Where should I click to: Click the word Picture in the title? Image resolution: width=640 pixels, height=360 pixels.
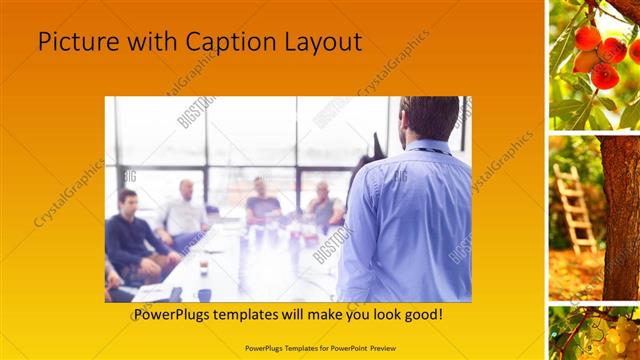[x=72, y=41]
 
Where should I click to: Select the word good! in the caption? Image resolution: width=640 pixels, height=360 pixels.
[x=423, y=314]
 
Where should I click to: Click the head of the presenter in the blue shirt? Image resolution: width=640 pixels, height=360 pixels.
[x=429, y=118]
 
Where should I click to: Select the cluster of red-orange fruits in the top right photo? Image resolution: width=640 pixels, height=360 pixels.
[x=599, y=55]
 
